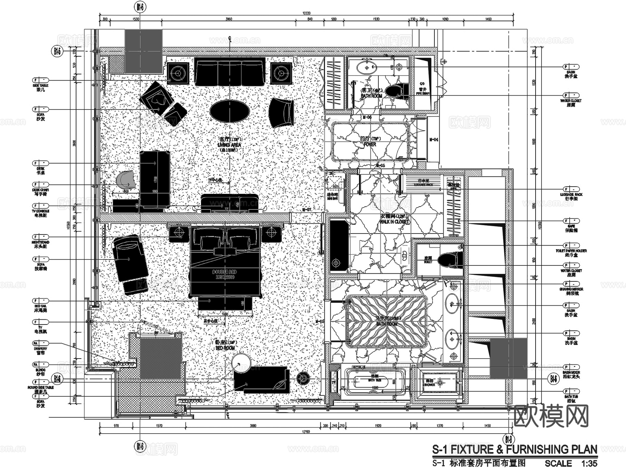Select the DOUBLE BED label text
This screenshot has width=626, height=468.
pos(225,272)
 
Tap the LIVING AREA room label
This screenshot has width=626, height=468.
pos(229,145)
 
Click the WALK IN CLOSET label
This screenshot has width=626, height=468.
pos(394,222)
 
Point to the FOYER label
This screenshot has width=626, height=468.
pos(370,144)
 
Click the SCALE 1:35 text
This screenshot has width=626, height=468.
pos(570,463)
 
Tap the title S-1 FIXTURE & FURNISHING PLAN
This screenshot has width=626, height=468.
pos(514,449)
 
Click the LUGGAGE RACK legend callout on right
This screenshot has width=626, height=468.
pos(571,195)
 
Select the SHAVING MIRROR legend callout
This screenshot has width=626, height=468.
pos(571,289)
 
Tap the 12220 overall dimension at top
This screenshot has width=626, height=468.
pos(306,13)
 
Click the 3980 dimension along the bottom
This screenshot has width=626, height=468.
pos(253,426)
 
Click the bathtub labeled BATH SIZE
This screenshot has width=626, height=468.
pos(375,382)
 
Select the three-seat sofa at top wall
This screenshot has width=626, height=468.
pos(230,72)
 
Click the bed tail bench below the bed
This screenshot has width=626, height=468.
pos(225,303)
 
